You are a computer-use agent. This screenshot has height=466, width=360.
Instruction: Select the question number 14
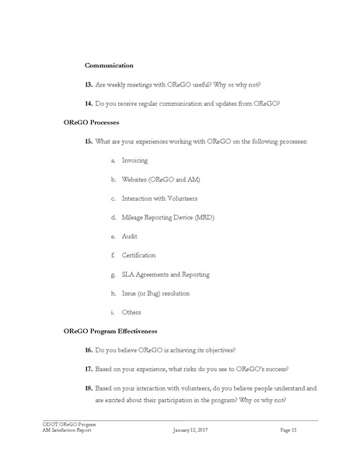click(x=88, y=103)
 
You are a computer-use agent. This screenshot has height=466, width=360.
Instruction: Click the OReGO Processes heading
click(x=97, y=122)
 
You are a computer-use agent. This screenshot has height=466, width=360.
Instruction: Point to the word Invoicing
click(x=137, y=160)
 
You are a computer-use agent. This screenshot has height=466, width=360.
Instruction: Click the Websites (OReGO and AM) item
click(x=159, y=179)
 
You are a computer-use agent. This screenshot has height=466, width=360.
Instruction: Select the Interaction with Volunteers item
click(x=159, y=198)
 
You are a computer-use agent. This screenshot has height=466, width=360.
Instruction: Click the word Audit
click(x=130, y=236)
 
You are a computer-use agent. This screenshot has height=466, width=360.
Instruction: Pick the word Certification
click(x=139, y=255)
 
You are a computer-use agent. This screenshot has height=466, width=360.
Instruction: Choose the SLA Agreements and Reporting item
click(x=166, y=274)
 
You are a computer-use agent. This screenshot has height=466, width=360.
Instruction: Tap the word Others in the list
click(x=131, y=312)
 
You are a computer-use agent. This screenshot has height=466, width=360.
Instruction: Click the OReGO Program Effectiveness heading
click(x=114, y=331)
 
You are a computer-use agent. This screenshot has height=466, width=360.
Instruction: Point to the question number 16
click(x=88, y=350)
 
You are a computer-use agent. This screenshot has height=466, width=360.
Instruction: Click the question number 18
click(x=88, y=387)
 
